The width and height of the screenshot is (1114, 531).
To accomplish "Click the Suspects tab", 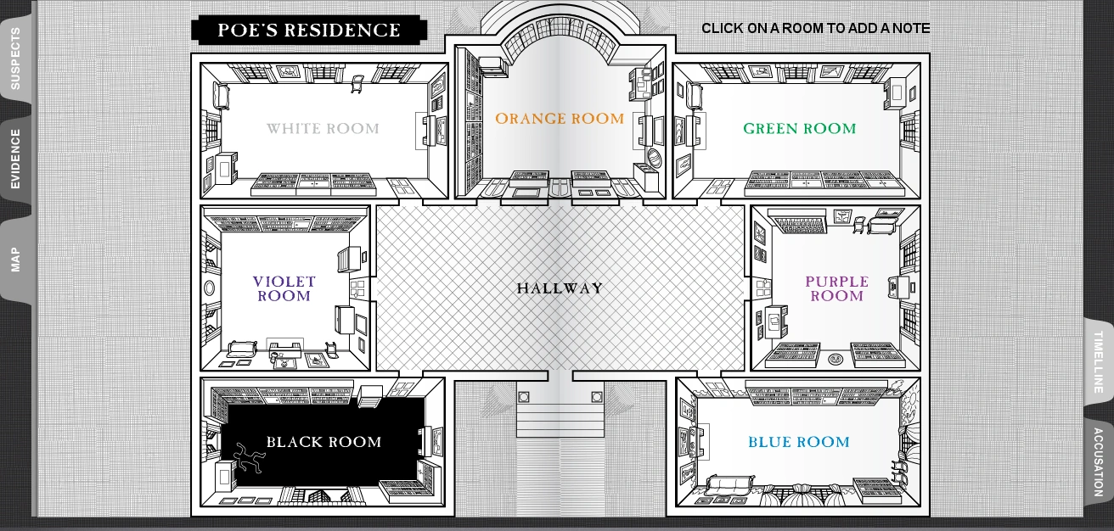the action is pyautogui.click(x=15, y=58).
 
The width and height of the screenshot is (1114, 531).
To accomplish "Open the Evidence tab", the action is pyautogui.click(x=15, y=159).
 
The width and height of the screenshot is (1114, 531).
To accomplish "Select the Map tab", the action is pyautogui.click(x=15, y=259).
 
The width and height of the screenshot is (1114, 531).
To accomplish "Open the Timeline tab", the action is pyautogui.click(x=1098, y=361).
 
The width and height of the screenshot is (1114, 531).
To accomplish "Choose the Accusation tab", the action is pyautogui.click(x=1098, y=462).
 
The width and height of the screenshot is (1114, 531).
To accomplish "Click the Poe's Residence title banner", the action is pyautogui.click(x=309, y=31).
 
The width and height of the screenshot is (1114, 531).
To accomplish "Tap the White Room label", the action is pyautogui.click(x=323, y=129).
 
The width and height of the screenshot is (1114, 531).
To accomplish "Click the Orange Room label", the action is pyautogui.click(x=560, y=120).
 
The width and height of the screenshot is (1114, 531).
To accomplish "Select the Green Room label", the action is pyautogui.click(x=799, y=129).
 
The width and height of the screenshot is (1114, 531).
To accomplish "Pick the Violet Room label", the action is pyautogui.click(x=284, y=289).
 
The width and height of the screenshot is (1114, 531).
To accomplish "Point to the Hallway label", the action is pyautogui.click(x=560, y=288).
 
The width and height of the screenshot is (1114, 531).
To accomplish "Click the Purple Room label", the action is pyautogui.click(x=836, y=289).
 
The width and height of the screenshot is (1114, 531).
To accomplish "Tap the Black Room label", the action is pyautogui.click(x=324, y=442).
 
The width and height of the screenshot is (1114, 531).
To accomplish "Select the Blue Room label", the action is pyautogui.click(x=798, y=442).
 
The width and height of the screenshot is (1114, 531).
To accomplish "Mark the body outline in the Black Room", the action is pyautogui.click(x=249, y=458).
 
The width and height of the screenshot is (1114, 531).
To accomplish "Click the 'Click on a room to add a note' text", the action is pyautogui.click(x=815, y=29).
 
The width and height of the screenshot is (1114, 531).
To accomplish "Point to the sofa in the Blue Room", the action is pyautogui.click(x=729, y=485).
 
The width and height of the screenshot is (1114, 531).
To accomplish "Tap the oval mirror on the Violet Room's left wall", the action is pyautogui.click(x=209, y=288).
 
